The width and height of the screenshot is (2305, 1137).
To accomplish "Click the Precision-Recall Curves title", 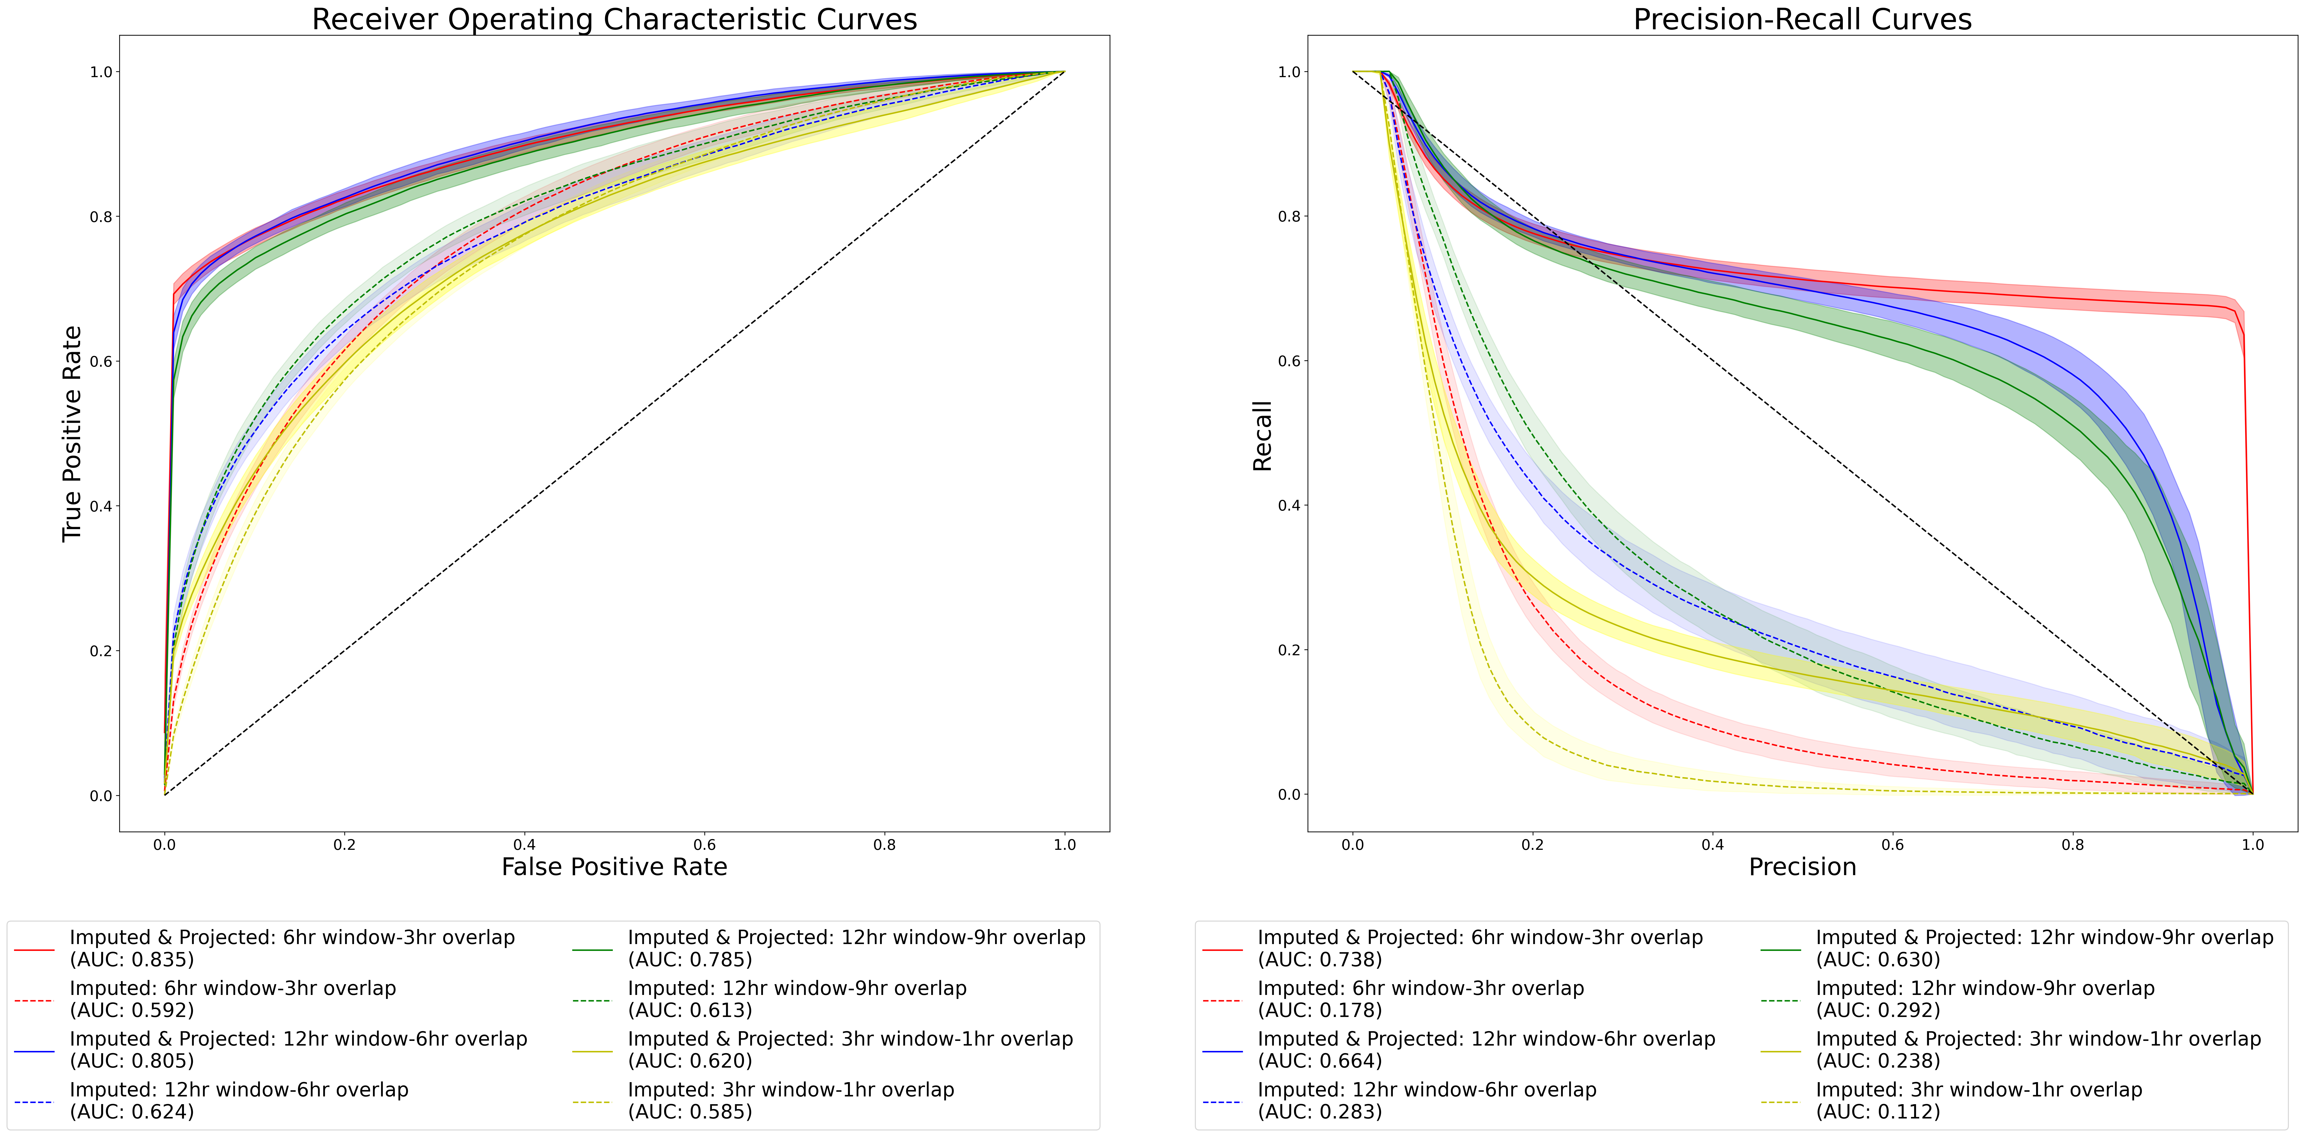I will pos(1802,20).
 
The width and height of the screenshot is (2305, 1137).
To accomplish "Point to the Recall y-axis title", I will pos(1262,436).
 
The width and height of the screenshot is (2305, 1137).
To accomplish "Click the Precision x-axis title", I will pos(1802,867).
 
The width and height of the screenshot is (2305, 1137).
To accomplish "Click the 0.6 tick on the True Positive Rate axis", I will pos(101,362).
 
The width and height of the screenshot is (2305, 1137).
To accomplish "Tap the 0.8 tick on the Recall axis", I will pos(1289,217).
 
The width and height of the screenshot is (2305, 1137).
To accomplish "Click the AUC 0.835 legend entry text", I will pos(292,948).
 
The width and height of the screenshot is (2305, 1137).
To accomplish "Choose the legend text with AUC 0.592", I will pos(233,999).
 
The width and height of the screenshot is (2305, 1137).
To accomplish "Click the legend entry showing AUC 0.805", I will pos(298,1049).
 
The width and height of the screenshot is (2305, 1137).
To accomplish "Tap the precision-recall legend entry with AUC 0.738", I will pos(1480,948).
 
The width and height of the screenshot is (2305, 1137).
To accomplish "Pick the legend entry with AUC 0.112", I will pos(1978,1100).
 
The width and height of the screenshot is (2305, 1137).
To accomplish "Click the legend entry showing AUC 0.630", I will pos(2044,948).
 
